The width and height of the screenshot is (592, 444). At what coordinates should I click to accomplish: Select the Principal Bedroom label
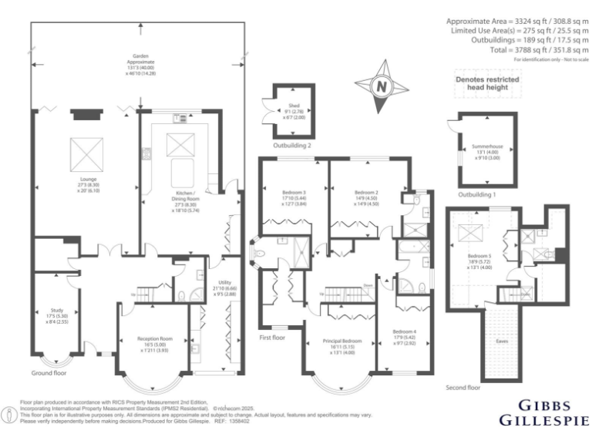[x=341, y=343]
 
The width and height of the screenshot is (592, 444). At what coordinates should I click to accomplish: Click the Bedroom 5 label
[x=479, y=258]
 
